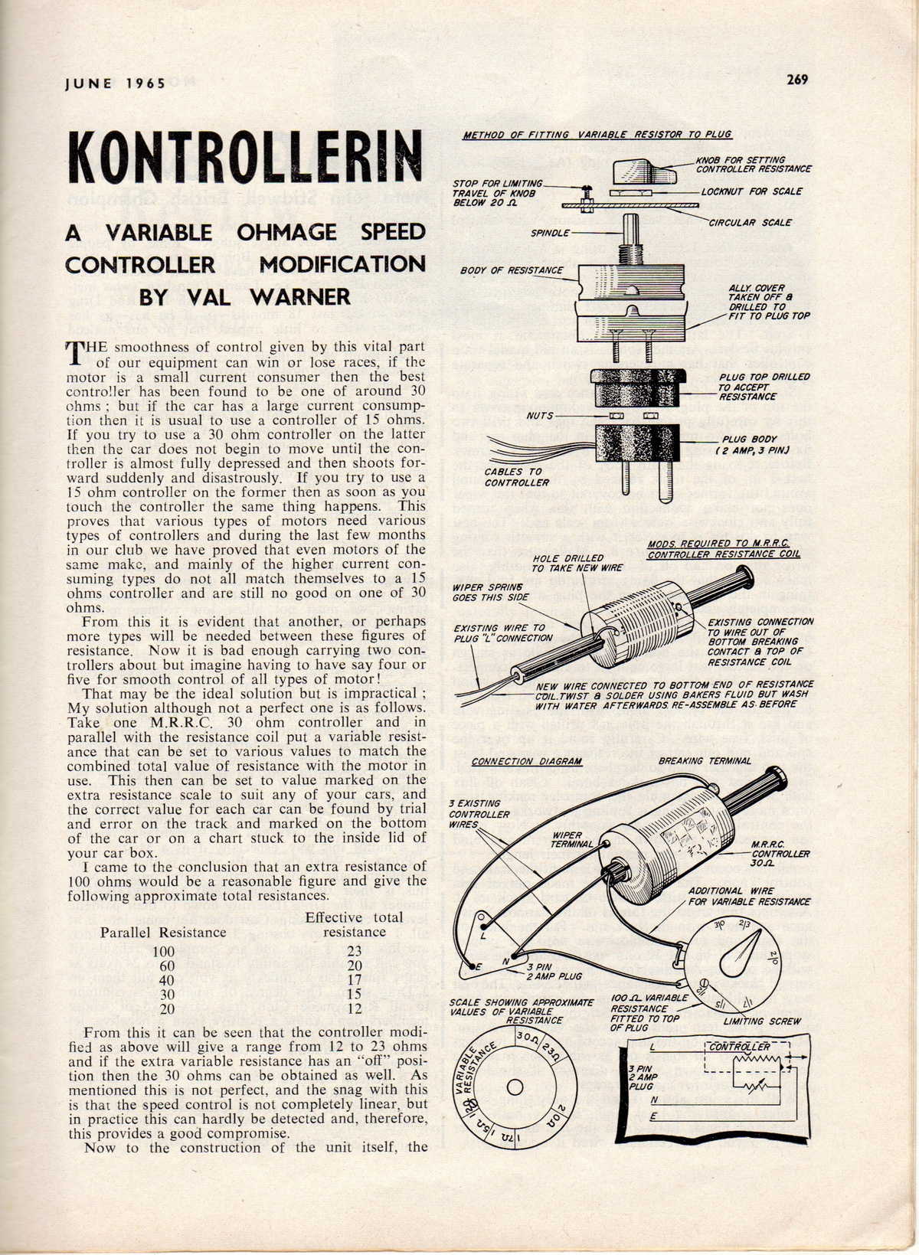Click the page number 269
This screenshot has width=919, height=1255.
(796, 79)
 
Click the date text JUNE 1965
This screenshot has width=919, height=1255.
(115, 83)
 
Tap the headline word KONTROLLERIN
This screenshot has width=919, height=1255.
(244, 157)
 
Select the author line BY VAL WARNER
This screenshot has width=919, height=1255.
(244, 296)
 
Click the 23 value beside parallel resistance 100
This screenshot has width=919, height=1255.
(354, 951)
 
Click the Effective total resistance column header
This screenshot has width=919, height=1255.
(354, 924)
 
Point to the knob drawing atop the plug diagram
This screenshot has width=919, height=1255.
(646, 172)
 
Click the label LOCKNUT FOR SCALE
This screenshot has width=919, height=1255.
(751, 191)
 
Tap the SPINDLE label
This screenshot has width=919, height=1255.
(550, 232)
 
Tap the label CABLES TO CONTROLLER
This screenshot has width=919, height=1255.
(516, 477)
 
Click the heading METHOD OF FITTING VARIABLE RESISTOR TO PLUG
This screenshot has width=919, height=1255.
(597, 135)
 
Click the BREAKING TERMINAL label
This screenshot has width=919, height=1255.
(705, 761)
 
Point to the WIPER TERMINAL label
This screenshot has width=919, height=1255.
(571, 840)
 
